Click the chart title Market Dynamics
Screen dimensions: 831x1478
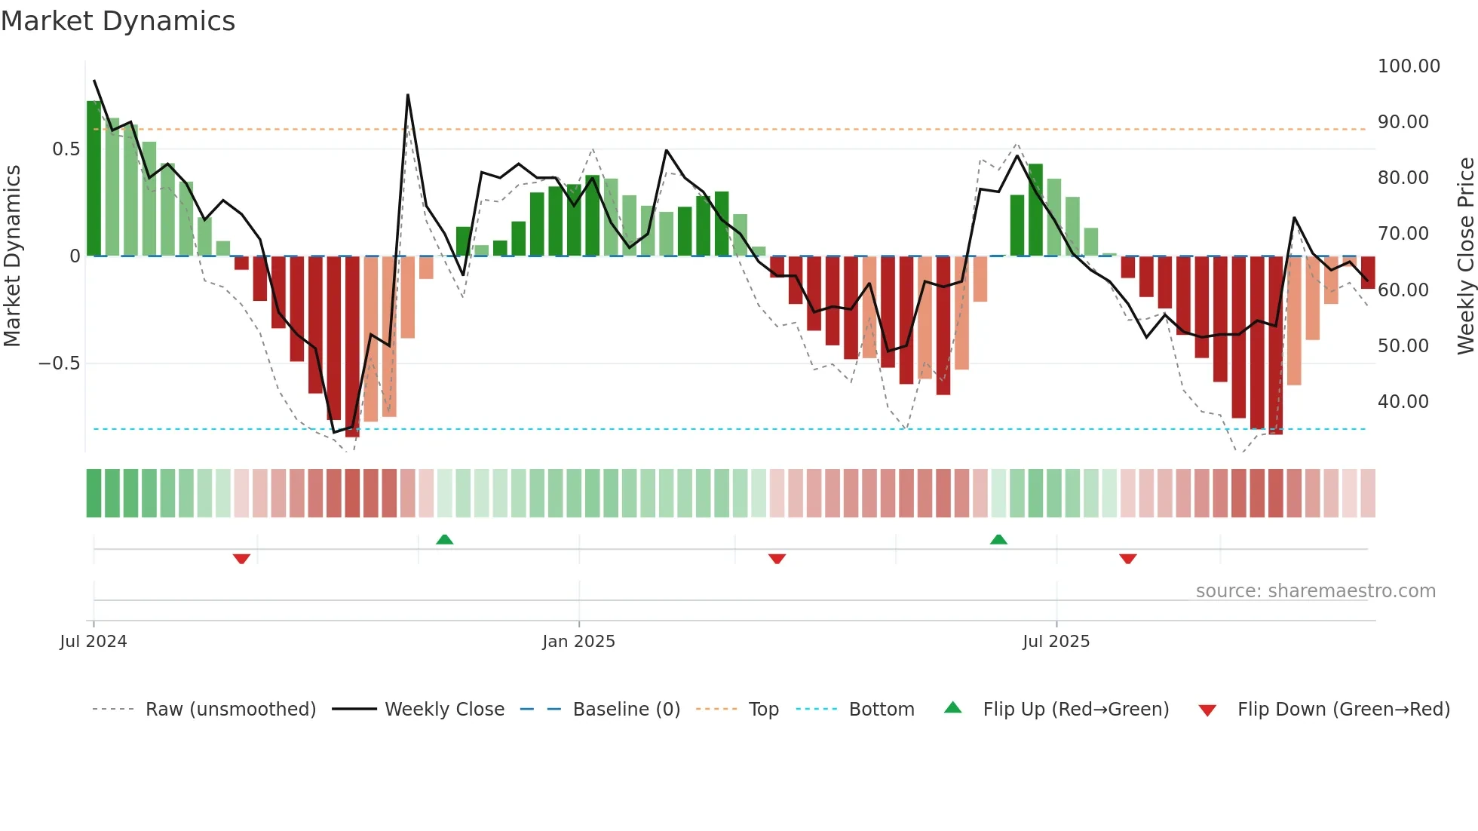click(x=118, y=21)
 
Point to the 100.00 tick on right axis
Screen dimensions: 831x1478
click(x=1408, y=66)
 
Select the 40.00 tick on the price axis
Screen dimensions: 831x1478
click(x=1403, y=402)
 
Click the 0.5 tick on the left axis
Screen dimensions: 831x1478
click(x=66, y=149)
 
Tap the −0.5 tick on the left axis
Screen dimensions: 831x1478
click(x=59, y=363)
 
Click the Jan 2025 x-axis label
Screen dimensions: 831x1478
click(x=578, y=642)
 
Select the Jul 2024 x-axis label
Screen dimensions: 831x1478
click(x=94, y=642)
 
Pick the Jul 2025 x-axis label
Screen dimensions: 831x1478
click(x=1056, y=642)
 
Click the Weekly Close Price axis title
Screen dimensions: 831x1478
click(x=1465, y=256)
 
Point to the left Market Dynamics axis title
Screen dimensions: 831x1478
click(x=12, y=256)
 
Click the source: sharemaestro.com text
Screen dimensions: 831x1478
click(x=1315, y=591)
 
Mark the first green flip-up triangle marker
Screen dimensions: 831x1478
click(x=445, y=539)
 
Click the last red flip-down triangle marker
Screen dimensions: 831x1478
click(x=1128, y=559)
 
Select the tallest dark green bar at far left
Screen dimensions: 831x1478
click(x=94, y=178)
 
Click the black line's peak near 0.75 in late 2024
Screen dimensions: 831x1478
click(x=408, y=95)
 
